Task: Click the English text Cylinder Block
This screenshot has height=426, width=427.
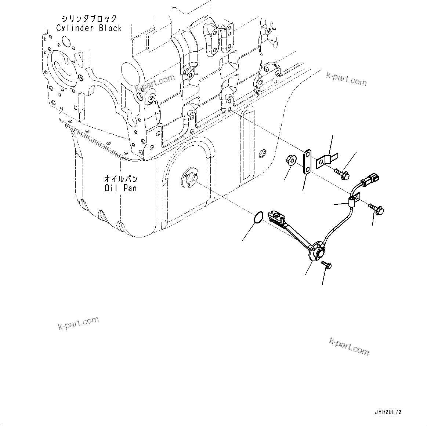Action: (89, 28)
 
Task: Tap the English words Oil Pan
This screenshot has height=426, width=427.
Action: (120, 188)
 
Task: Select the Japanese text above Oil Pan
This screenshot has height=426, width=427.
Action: (121, 179)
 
